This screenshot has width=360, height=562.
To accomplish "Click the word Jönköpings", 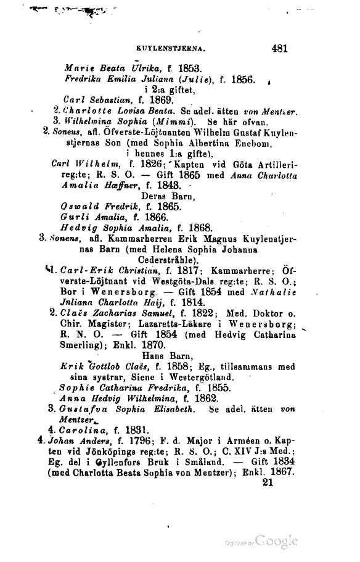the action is click(x=112, y=453).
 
